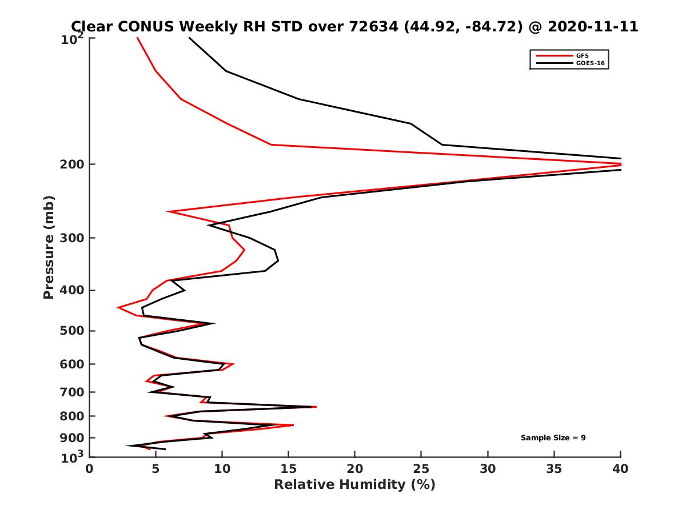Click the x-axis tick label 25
point(421,469)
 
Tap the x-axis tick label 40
point(621,469)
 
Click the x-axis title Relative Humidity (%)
point(354,485)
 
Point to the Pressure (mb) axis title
point(49,247)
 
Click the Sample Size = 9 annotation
point(553,437)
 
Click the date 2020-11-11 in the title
point(592,26)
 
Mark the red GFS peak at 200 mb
point(620,164)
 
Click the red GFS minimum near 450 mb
point(118,308)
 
